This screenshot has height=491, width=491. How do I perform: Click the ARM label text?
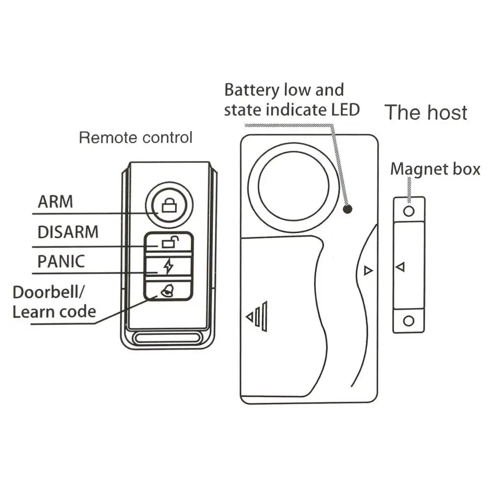(55, 202)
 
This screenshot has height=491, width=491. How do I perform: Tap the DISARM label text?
(68, 232)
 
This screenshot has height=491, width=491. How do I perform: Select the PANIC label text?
(61, 261)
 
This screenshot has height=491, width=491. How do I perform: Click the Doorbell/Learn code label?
(54, 301)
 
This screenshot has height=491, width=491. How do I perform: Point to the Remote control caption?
(136, 137)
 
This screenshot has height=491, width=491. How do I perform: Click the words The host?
(426, 112)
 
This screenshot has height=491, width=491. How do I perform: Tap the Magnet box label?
(435, 169)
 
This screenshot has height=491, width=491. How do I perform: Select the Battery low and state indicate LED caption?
(292, 100)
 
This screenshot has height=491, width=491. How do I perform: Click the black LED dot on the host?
(348, 209)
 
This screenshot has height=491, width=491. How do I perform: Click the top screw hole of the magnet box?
(409, 211)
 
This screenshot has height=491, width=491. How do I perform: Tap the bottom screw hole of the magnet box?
(409, 321)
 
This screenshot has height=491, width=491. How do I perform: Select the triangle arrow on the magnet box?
(400, 267)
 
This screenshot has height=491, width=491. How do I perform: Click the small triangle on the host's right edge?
(368, 271)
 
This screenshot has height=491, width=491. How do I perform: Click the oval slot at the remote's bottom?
(168, 338)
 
